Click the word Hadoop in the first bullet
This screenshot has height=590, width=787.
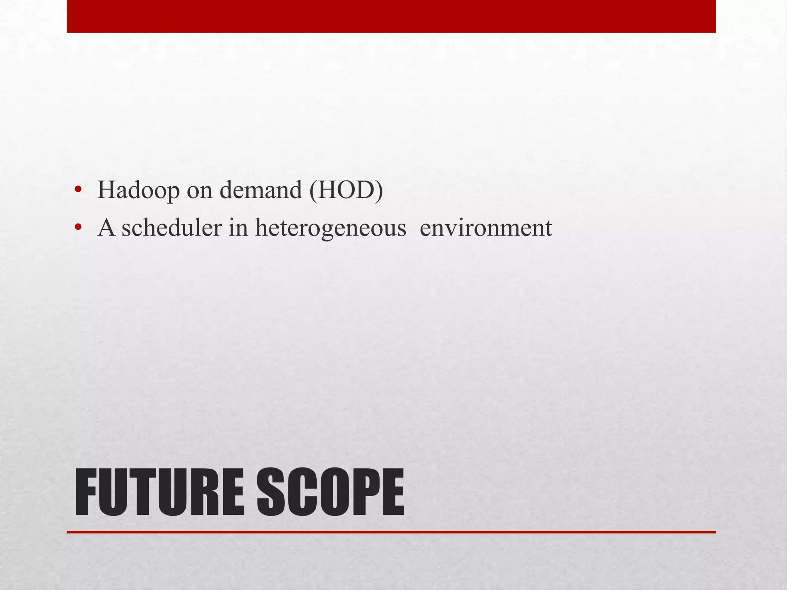tap(138, 190)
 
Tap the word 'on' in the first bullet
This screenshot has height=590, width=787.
tap(199, 191)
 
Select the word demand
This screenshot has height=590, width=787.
tap(261, 190)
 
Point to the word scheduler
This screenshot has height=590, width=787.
tap(171, 228)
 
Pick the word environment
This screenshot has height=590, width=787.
tap(486, 228)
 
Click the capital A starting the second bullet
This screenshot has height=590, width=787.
tap(106, 228)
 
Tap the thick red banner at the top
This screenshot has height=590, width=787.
tap(391, 16)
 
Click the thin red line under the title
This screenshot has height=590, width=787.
tap(391, 532)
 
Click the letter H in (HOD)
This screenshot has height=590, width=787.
tap(325, 190)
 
